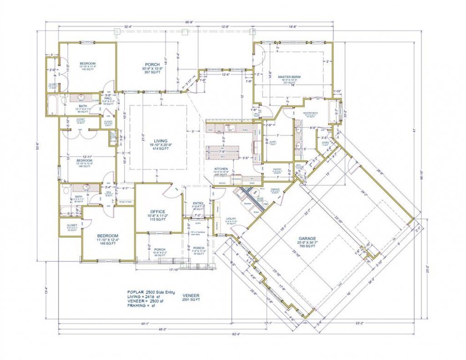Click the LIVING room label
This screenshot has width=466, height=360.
pos(160,141)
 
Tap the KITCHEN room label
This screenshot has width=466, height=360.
pos(221,169)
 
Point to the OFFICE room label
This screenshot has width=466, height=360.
pos(157,212)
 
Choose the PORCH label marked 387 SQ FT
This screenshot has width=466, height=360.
pos(152,65)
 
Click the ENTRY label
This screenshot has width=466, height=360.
pos(198,203)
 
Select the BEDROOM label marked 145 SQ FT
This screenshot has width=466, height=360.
pos(87,63)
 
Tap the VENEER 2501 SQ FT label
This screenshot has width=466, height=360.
pos(191,298)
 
